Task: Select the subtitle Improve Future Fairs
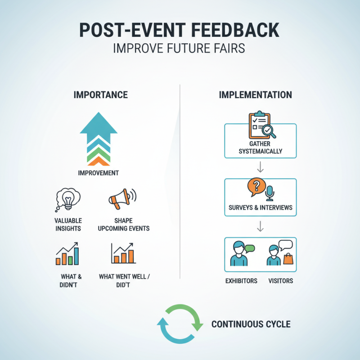click(x=180, y=48)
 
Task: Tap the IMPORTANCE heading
click(x=100, y=95)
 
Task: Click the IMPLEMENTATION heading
click(x=255, y=95)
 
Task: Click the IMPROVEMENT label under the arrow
click(x=99, y=173)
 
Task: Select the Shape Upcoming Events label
click(x=124, y=225)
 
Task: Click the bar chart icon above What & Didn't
click(x=67, y=254)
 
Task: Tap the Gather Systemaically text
click(x=261, y=148)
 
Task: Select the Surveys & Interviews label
click(x=261, y=207)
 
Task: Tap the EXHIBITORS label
click(x=241, y=281)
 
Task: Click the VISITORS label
click(x=280, y=281)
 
